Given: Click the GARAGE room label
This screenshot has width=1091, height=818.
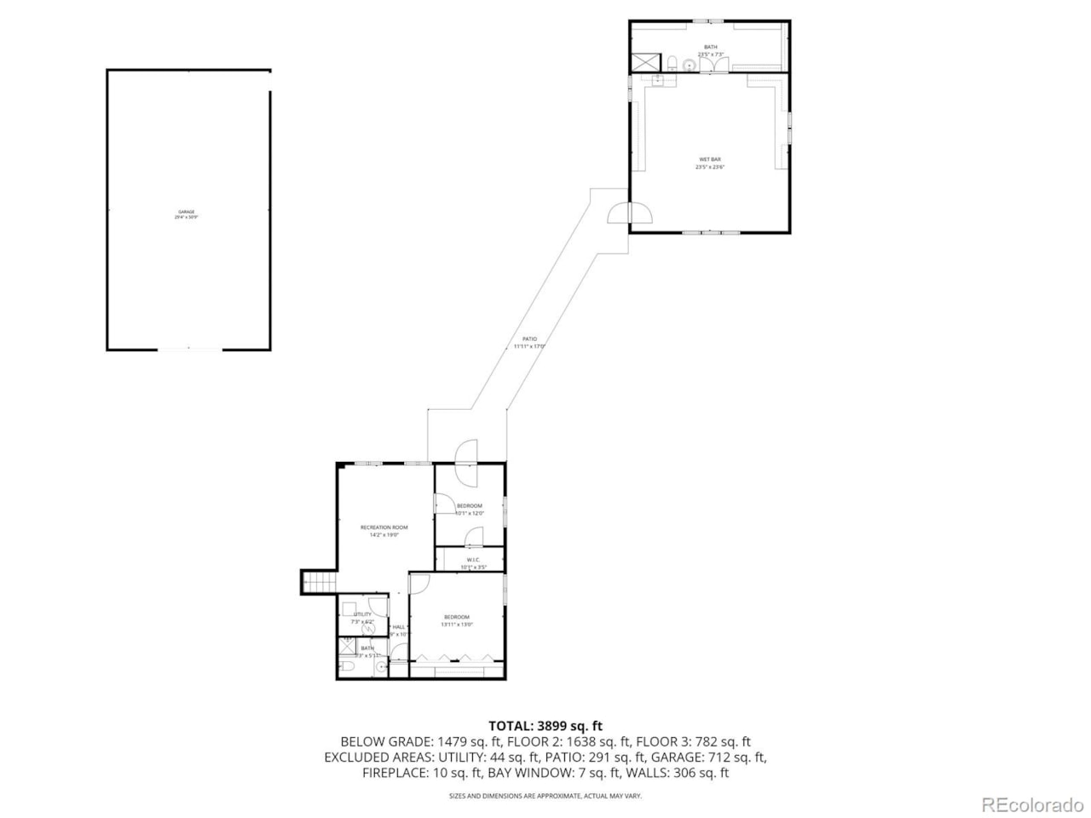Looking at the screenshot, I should pos(187,211).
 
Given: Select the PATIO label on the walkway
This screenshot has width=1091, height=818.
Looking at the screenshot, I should pos(529,339).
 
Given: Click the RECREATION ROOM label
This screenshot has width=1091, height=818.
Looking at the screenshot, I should pos(384,527).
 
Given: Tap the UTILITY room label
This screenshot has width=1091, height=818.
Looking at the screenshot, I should pos(362,614).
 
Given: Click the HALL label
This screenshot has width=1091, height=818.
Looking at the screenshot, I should pos(399,627).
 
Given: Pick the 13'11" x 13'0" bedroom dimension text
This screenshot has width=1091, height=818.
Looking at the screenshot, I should pos(456,625).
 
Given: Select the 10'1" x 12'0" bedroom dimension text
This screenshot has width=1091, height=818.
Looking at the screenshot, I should pos(470,513).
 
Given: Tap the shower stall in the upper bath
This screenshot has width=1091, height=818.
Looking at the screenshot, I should pos(644,62).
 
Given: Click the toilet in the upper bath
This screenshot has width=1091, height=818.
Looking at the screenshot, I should pos(672,62).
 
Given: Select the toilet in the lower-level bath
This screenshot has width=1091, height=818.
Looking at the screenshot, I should pos(345,666).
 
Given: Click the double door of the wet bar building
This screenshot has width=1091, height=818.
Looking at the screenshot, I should pos(628,214).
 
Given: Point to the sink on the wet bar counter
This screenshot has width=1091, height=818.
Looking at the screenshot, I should pos(659,79).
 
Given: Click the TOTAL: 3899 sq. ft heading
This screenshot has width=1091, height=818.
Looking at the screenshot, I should pos(545,726).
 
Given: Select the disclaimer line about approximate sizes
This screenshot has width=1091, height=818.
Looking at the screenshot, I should pos(545,796).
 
